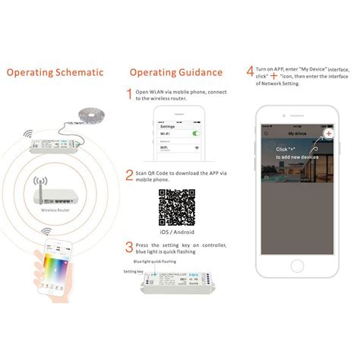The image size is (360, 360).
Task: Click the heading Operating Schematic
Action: tap(55, 73)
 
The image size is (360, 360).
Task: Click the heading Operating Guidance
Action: tap(175, 73)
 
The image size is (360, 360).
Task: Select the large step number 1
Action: tap(129, 93)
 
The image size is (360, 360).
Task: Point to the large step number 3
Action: tap(129, 247)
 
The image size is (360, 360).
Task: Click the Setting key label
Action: tap(134, 270)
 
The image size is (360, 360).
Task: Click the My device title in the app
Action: tap(297, 132)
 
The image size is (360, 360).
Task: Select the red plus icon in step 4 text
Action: tap(273, 77)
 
